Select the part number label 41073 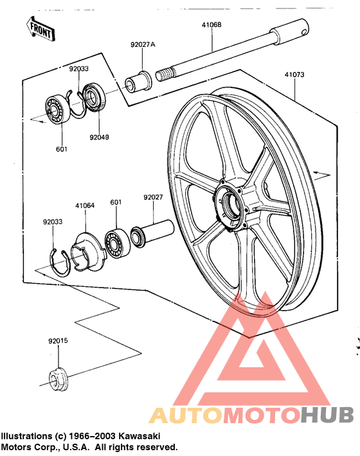[294, 75]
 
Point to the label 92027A [143, 46]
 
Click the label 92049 [100, 137]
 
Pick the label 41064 [85, 206]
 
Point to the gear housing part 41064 [86, 247]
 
